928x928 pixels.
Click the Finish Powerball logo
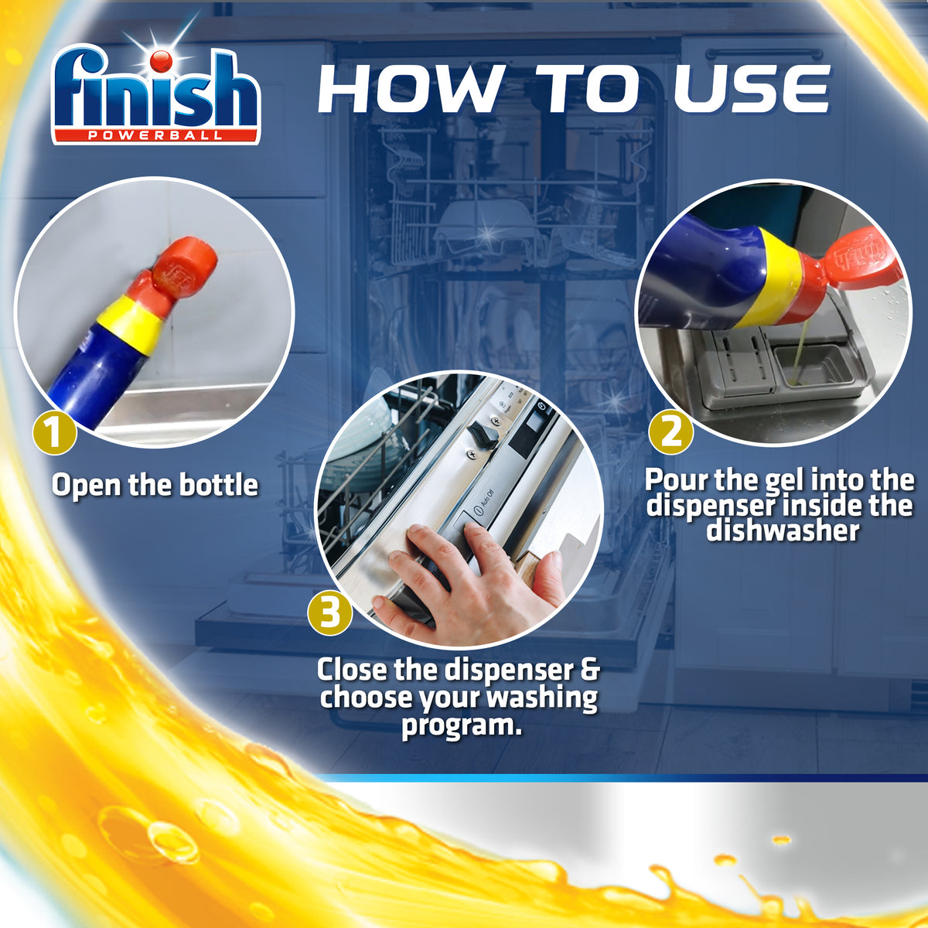pos(155,97)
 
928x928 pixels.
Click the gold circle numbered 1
pos(54,432)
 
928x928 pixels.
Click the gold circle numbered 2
pos(670,432)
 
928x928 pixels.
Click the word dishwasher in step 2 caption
pos(782,531)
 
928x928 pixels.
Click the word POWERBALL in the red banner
pos(155,135)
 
